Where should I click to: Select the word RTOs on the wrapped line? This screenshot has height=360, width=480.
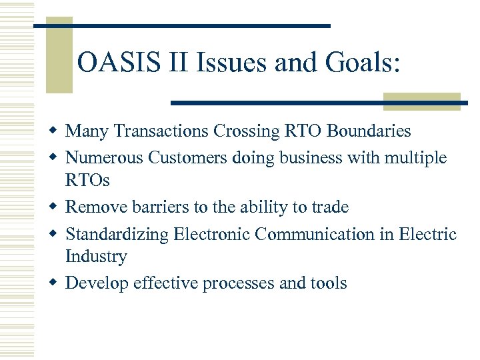tap(87, 181)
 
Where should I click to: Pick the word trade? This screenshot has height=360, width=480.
tap(329, 207)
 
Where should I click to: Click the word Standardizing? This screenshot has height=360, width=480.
tap(117, 235)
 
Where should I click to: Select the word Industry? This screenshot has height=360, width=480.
tap(96, 257)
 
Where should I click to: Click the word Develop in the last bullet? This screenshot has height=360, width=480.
tap(97, 283)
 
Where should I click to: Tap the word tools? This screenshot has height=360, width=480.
tap(328, 283)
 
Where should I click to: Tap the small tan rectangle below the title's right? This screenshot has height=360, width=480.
tap(422, 101)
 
